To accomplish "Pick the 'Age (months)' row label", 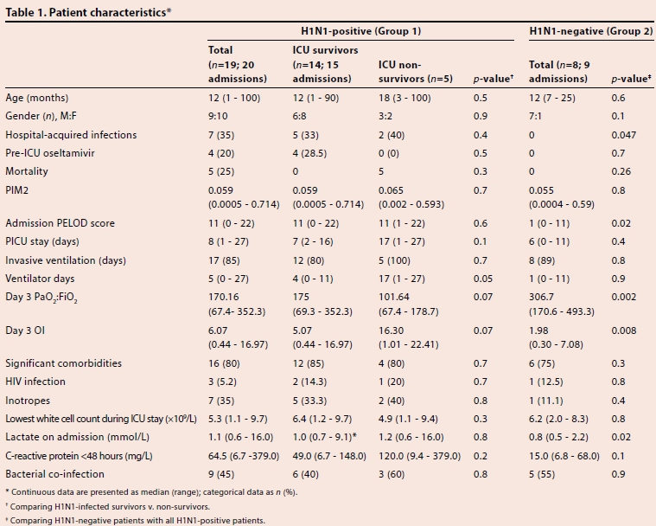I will click(x=36, y=98).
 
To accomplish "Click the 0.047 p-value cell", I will click(x=623, y=135).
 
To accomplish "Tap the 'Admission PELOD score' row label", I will click(x=60, y=222).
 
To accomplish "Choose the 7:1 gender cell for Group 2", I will click(x=538, y=117).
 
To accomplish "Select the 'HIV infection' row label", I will click(x=35, y=381).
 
